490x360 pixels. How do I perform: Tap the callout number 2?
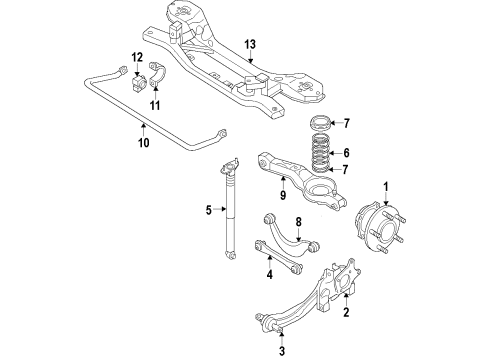pos(346,313)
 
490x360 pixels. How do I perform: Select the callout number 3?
pos(282,351)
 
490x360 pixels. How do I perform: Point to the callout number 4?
pos(269,275)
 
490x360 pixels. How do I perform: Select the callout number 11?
pos(155,103)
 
